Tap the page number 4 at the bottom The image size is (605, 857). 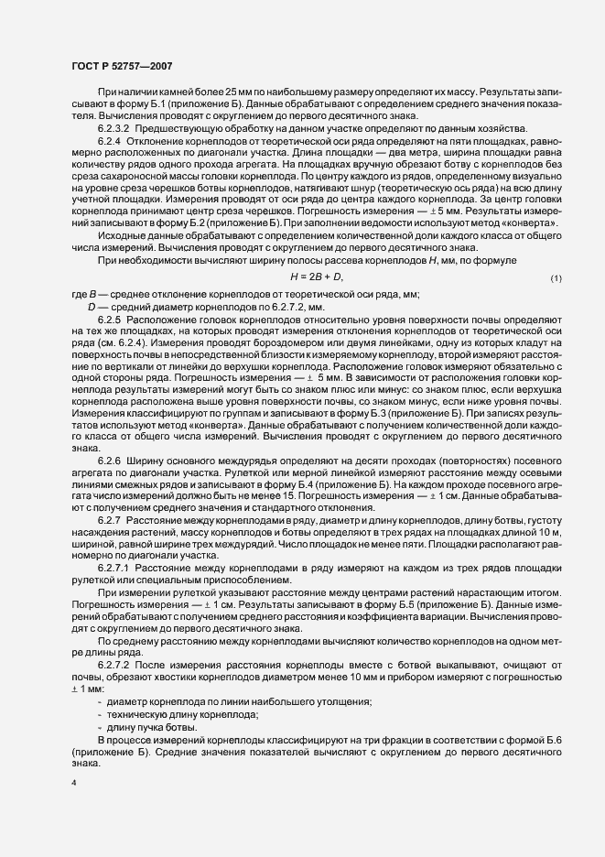pos(72,785)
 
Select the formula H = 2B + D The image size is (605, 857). pos(316,276)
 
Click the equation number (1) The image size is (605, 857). pos(556,277)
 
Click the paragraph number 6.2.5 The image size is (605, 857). pos(113,320)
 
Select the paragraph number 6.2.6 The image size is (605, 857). pos(113,458)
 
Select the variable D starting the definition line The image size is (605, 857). pos(92,305)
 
